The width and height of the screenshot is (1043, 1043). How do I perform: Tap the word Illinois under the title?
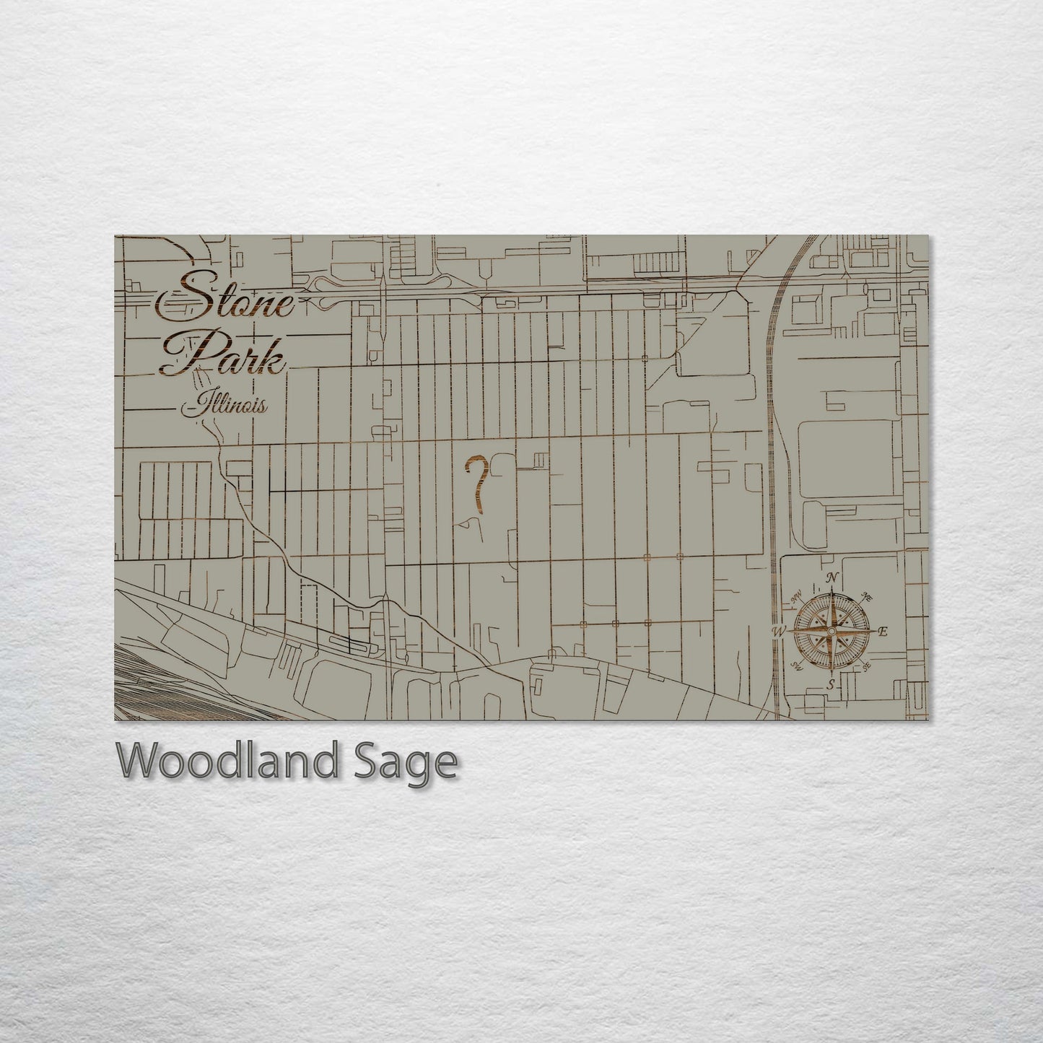pos(225,406)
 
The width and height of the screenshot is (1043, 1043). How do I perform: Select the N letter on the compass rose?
pos(832,578)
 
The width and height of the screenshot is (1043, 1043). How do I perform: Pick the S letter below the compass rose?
pos(832,683)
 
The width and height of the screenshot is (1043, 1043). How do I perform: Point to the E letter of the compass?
pos(882,632)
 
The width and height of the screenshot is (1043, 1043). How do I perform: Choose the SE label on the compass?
pos(867,665)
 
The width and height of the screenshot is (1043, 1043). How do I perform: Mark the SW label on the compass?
pos(798,665)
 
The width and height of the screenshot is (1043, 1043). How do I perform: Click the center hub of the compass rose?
pos(832,632)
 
